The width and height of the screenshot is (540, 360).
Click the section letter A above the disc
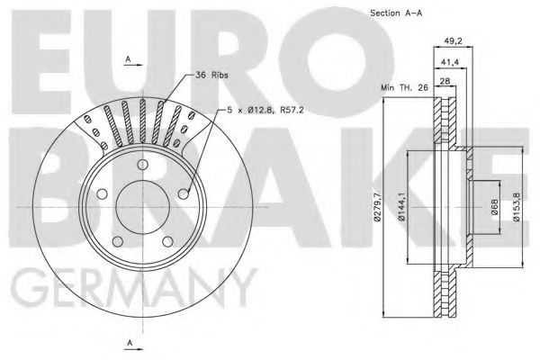point(128,58)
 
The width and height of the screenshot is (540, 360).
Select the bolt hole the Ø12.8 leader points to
point(184,192)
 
